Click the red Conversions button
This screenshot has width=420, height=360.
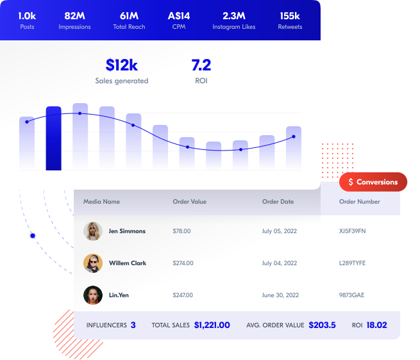tap(373, 182)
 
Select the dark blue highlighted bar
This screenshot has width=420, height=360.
tap(54, 138)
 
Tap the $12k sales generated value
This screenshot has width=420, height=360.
tap(122, 65)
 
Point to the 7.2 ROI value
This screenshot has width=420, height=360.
tap(201, 65)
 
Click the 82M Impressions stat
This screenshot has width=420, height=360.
tap(74, 15)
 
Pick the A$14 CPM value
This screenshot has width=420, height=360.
tap(178, 15)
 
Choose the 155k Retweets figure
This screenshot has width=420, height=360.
tap(290, 15)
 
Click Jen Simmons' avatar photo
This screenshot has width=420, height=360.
tap(93, 231)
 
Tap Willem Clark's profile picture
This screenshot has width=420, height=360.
tap(93, 263)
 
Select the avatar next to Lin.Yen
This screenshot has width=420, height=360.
tap(93, 295)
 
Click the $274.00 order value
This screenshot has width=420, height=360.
tap(183, 263)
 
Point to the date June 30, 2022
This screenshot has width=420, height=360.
tap(280, 295)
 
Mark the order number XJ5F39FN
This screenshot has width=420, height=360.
tap(352, 231)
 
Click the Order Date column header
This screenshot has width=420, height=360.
tap(278, 202)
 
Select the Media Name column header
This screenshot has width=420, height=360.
tap(101, 202)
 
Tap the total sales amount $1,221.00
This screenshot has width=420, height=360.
tap(212, 325)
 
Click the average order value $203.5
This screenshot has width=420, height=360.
tap(322, 325)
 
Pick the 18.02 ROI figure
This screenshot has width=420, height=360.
tap(376, 325)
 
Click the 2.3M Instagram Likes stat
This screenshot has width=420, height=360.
tap(238, 15)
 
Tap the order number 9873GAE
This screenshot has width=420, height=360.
tap(351, 295)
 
